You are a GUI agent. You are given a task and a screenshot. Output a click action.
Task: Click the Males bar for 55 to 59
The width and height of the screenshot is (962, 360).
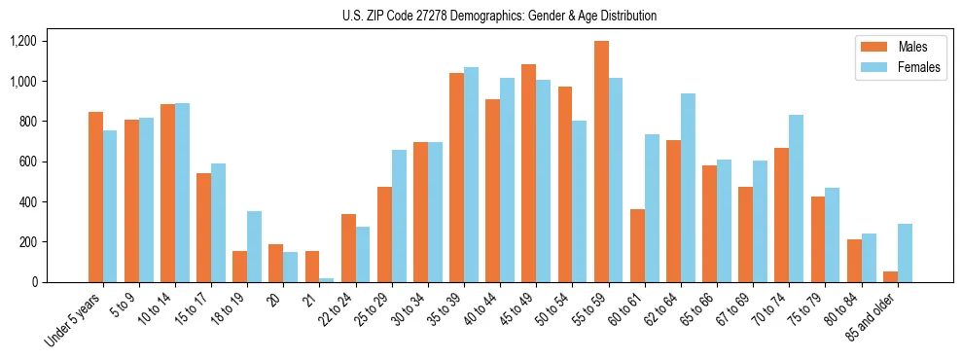tap(601, 162)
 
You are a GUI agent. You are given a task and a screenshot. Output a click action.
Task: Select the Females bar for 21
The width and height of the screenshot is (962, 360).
tap(327, 280)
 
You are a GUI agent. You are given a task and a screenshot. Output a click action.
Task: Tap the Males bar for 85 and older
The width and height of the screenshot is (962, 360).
tap(890, 277)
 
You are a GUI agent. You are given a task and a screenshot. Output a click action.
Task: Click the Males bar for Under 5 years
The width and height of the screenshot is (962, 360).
tap(95, 198)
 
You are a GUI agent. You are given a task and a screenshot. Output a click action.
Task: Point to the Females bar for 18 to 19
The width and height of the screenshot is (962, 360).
tap(254, 247)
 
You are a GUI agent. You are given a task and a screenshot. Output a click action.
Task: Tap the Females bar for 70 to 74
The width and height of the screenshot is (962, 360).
tap(796, 198)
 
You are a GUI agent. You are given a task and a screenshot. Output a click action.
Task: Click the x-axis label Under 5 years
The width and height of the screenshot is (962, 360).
tap(73, 319)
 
